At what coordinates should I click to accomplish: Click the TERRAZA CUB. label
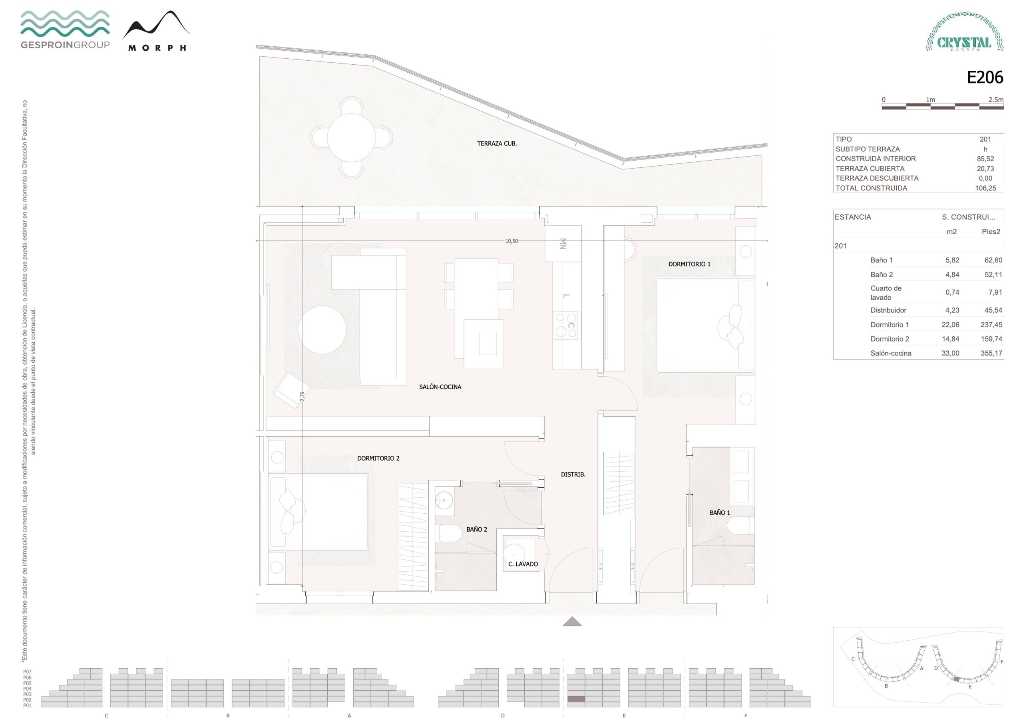click(x=497, y=143)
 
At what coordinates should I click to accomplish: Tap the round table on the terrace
click(x=351, y=138)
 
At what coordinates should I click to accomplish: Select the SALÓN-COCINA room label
click(x=440, y=387)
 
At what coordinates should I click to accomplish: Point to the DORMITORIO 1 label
click(x=689, y=264)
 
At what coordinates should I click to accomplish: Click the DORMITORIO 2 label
click(x=378, y=458)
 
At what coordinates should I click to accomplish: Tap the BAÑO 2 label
click(x=477, y=529)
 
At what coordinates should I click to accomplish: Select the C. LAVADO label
click(x=523, y=564)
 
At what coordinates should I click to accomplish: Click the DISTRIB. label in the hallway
click(x=573, y=475)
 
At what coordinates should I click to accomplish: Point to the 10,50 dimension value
click(x=511, y=241)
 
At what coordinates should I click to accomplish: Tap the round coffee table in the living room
click(x=322, y=330)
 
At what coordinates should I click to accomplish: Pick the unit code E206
click(x=985, y=77)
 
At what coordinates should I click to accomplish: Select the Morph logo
click(x=156, y=31)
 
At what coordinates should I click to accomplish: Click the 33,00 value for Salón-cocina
click(x=950, y=353)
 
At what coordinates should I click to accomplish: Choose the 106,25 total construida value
click(x=985, y=188)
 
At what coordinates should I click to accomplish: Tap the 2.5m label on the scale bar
click(x=996, y=100)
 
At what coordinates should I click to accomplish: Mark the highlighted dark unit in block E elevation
click(x=576, y=699)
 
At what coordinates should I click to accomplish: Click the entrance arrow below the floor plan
click(x=572, y=622)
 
